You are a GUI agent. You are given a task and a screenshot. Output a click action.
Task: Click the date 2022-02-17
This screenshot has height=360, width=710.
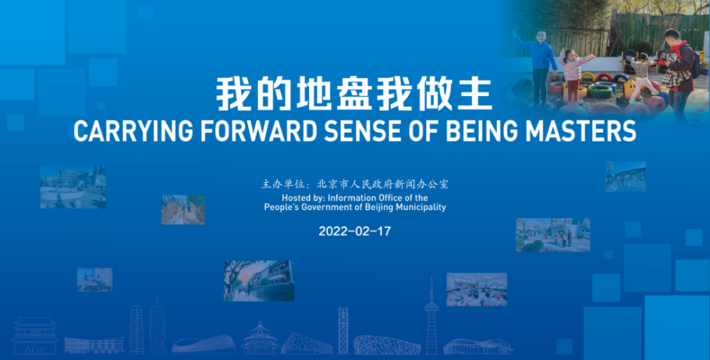[354, 231]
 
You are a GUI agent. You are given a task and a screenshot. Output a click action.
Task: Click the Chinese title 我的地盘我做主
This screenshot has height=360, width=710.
[354, 94]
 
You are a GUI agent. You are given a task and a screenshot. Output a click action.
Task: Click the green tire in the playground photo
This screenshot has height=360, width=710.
[600, 92]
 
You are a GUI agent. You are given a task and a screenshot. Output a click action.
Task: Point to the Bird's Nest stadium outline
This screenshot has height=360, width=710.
[387, 345]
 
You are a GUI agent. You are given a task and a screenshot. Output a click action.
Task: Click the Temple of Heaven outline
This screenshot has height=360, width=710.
[260, 338]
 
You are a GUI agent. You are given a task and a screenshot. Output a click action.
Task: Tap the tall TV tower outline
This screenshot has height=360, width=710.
[432, 316]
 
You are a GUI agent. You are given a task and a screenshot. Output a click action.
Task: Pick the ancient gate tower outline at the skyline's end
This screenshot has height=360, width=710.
[35, 336]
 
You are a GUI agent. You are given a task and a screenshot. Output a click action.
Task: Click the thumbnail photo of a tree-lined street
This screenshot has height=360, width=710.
[259, 280]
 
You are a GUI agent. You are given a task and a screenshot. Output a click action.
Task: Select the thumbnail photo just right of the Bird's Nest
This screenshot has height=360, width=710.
[477, 290]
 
